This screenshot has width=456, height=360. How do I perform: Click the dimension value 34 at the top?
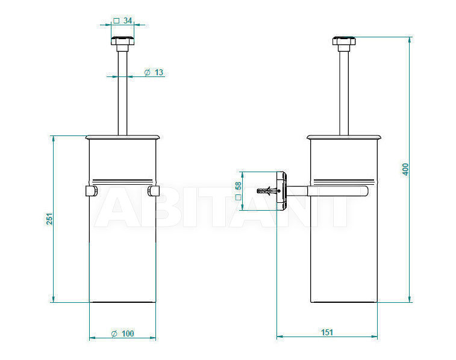128,20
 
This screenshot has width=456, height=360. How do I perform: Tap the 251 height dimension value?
50,219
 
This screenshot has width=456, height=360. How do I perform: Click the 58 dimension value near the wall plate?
238,185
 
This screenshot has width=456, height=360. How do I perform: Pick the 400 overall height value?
405,169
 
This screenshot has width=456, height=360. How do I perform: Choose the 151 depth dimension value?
327,332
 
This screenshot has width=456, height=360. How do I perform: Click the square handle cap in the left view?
123,40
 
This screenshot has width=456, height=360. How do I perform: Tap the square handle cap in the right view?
344,40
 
